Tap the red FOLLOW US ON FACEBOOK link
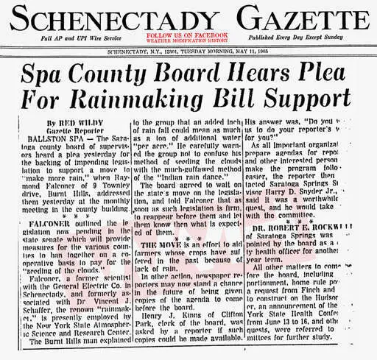click(186, 35)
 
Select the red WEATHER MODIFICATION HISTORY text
click(186, 40)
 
